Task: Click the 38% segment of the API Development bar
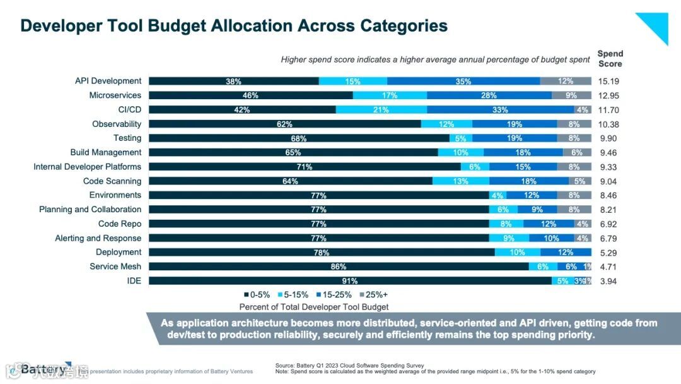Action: pos(234,81)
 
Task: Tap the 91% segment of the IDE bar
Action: pos(350,281)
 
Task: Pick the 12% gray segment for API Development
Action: pos(566,81)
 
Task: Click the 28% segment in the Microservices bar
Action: pos(489,95)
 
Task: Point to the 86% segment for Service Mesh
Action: pos(339,267)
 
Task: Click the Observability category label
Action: pos(117,124)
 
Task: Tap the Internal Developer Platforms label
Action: pos(87,167)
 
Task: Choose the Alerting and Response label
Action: pos(98,238)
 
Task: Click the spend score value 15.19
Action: pos(608,81)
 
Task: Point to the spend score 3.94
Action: pos(608,281)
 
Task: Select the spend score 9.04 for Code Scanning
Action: pos(608,181)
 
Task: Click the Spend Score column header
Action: pos(610,59)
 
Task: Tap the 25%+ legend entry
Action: pos(375,294)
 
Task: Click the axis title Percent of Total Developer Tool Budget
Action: pos(314,307)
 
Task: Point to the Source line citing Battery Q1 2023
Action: pos(350,366)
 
